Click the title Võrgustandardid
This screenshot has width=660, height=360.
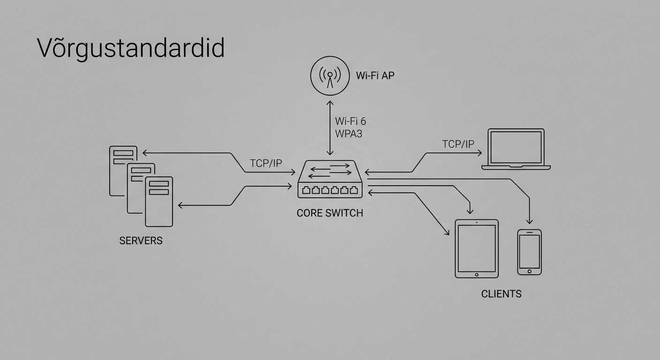coord(131,48)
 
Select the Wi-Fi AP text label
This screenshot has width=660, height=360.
coord(375,75)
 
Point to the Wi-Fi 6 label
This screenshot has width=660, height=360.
coord(351,121)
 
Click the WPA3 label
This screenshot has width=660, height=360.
coord(349,134)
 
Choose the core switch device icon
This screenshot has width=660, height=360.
coord(330,179)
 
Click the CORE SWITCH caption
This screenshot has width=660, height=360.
coord(330,213)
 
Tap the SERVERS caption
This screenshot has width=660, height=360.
coord(141,241)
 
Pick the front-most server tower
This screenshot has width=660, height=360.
coord(159,202)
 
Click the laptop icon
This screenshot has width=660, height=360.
coord(516,149)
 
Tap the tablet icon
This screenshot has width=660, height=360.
coord(476,248)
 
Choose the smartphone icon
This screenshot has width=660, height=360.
coord(529,252)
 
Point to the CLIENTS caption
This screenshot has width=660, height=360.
coord(501,294)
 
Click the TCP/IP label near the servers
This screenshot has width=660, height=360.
coord(266,163)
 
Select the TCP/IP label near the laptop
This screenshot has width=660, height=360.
coord(458,144)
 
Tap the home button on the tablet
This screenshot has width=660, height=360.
coord(476,274)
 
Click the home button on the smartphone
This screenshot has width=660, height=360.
coord(529,271)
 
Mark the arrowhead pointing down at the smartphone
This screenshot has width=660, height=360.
coord(529,222)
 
